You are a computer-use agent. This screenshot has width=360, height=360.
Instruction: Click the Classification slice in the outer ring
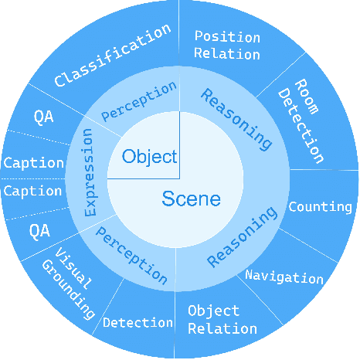click(113, 55)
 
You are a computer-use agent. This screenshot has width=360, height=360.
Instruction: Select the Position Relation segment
click(226, 45)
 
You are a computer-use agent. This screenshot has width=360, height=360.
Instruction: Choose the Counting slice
click(320, 207)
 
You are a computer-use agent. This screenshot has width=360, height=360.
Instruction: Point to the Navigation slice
click(284, 277)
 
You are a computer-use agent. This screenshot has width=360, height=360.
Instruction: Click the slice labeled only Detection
click(138, 322)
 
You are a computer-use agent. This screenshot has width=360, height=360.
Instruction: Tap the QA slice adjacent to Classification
click(43, 117)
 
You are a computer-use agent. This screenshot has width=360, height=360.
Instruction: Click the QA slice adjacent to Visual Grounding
click(39, 230)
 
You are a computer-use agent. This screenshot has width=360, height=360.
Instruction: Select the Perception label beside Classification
click(140, 101)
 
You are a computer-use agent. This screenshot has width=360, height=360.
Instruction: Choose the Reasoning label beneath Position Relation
click(236, 118)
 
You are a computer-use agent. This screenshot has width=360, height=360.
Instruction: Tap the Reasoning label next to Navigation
click(243, 236)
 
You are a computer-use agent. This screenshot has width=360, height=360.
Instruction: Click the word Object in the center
click(149, 157)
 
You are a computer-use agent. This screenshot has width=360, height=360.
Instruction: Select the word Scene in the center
click(191, 199)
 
